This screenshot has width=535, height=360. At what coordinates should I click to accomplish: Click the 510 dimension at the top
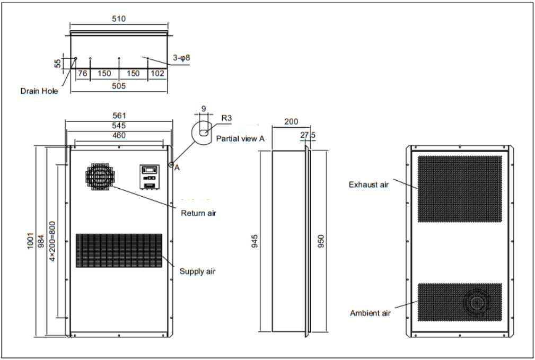(x=118, y=19)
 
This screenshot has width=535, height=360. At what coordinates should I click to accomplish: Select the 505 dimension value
(x=119, y=85)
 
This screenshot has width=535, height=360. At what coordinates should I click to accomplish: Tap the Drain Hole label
(x=39, y=91)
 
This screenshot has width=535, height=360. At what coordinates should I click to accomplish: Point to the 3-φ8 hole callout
(x=181, y=57)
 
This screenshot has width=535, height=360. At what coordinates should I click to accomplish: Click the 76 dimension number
(x=83, y=73)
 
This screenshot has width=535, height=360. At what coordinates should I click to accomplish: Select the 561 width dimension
(x=118, y=116)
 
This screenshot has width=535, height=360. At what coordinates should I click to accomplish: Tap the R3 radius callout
(x=226, y=118)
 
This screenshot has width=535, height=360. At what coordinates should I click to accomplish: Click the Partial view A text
(x=240, y=138)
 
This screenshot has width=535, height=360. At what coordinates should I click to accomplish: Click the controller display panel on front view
(x=149, y=177)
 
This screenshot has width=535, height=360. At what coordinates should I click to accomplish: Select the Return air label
(x=198, y=213)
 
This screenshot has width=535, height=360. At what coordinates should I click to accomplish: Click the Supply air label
(x=197, y=271)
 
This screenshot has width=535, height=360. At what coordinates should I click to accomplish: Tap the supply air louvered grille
(x=119, y=250)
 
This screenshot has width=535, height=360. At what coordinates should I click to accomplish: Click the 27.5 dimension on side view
(x=308, y=135)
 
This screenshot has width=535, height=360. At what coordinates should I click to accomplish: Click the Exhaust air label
(x=369, y=185)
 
